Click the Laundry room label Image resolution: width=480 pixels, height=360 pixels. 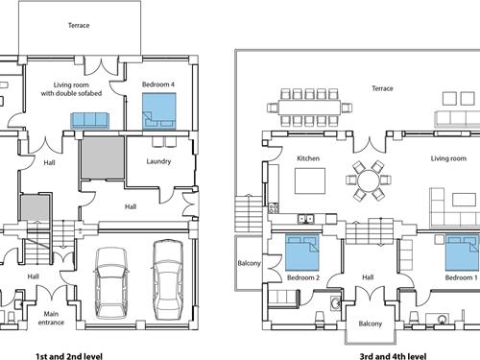[158, 161]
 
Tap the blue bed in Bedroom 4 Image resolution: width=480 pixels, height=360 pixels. [159, 111]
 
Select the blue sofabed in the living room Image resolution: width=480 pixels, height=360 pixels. [89, 120]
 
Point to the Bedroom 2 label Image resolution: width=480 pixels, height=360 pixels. [303, 277]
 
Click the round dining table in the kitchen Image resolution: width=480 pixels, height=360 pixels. [368, 180]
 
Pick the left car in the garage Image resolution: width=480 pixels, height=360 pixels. [111, 283]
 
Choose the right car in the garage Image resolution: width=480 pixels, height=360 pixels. [168, 279]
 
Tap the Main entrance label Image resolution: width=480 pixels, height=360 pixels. [51, 318]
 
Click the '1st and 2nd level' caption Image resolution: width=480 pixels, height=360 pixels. [69, 356]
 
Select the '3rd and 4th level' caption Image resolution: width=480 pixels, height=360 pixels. [393, 356]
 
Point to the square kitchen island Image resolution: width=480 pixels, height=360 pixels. [310, 180]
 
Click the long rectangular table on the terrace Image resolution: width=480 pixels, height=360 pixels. [309, 108]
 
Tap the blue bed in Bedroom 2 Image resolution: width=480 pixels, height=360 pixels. [302, 252]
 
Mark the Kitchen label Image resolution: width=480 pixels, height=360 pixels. [308, 158]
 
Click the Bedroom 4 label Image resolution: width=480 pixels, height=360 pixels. [158, 84]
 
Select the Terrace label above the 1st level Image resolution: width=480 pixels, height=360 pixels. [79, 25]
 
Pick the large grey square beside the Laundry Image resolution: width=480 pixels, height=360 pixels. [103, 157]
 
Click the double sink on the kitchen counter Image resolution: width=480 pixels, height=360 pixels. [306, 219]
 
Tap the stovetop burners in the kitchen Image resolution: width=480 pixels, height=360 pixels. [274, 208]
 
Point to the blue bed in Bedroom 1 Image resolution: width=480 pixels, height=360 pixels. [463, 252]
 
